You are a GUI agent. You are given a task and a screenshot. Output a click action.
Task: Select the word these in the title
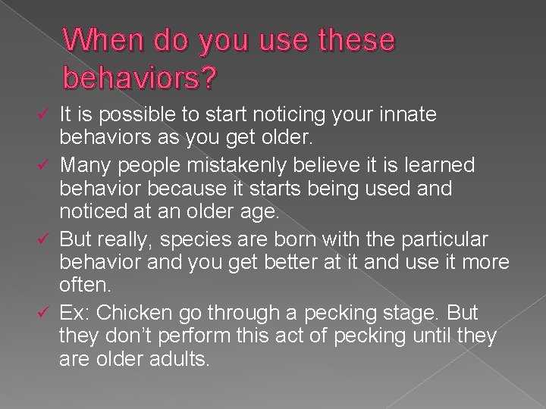352,39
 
